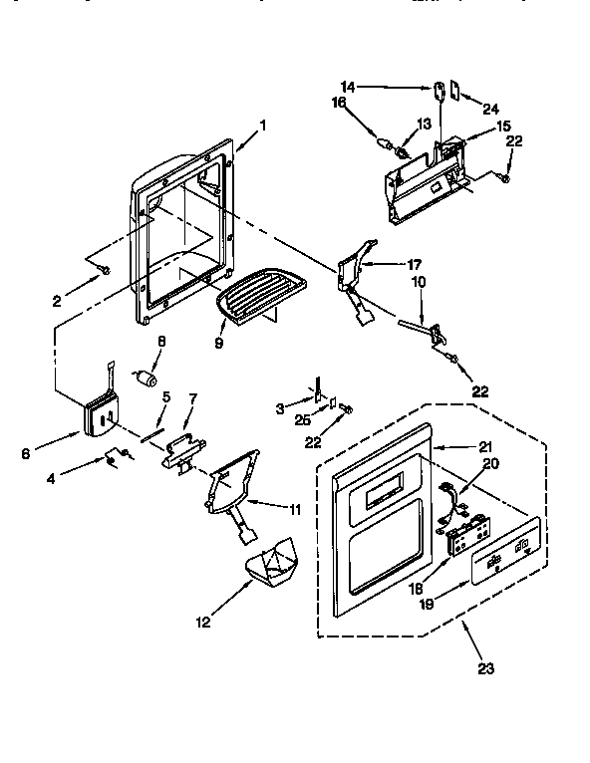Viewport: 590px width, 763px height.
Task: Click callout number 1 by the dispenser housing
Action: pos(263,125)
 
